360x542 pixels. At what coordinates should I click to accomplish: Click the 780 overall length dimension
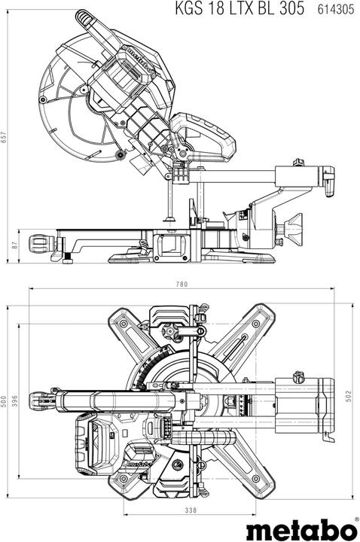pyautogui.click(x=181, y=285)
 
